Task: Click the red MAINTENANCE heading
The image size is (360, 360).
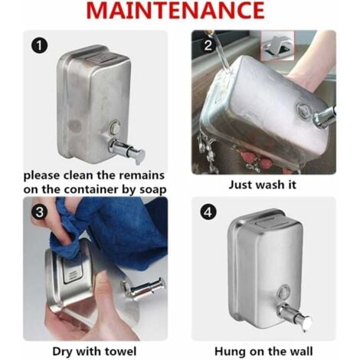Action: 175,10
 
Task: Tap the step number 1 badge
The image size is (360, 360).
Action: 39,46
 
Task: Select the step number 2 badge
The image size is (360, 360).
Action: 208,46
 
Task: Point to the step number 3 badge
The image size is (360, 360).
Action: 39,212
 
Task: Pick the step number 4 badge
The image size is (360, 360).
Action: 208,212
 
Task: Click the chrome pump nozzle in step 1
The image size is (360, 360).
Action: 127,151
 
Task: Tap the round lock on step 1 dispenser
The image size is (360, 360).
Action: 115,127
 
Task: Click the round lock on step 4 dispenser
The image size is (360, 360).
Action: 284,292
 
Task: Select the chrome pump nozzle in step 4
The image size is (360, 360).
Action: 296,316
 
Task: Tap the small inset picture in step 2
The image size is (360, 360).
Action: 277,46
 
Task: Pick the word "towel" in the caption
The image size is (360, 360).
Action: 120,352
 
